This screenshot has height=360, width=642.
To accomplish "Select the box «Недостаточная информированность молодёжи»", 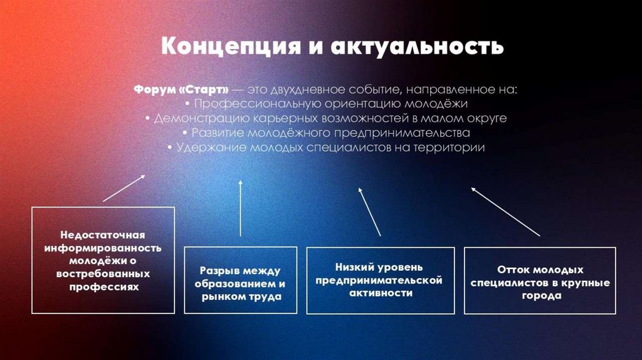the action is click(x=103, y=260).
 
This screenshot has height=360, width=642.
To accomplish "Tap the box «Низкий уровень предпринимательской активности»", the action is click(x=380, y=280).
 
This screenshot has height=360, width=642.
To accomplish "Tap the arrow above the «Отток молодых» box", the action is click(x=505, y=211).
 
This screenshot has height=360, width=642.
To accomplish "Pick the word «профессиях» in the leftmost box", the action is click(x=103, y=286).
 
